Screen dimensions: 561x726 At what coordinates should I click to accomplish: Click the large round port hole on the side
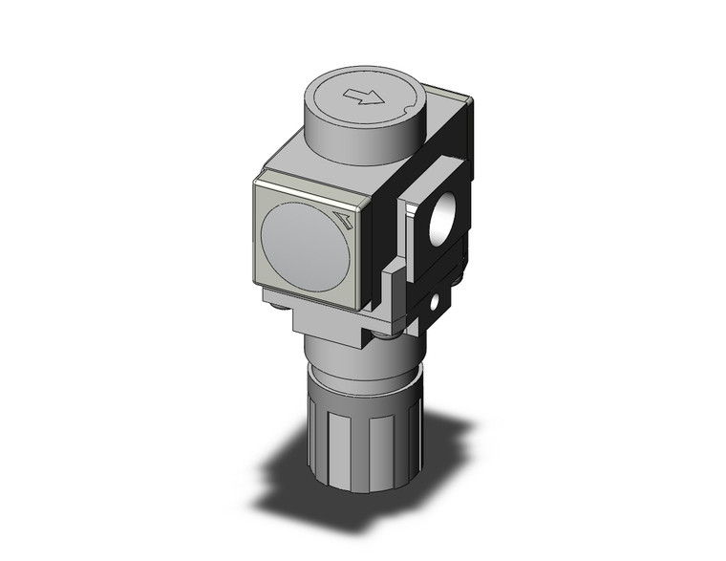tap(441, 221)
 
